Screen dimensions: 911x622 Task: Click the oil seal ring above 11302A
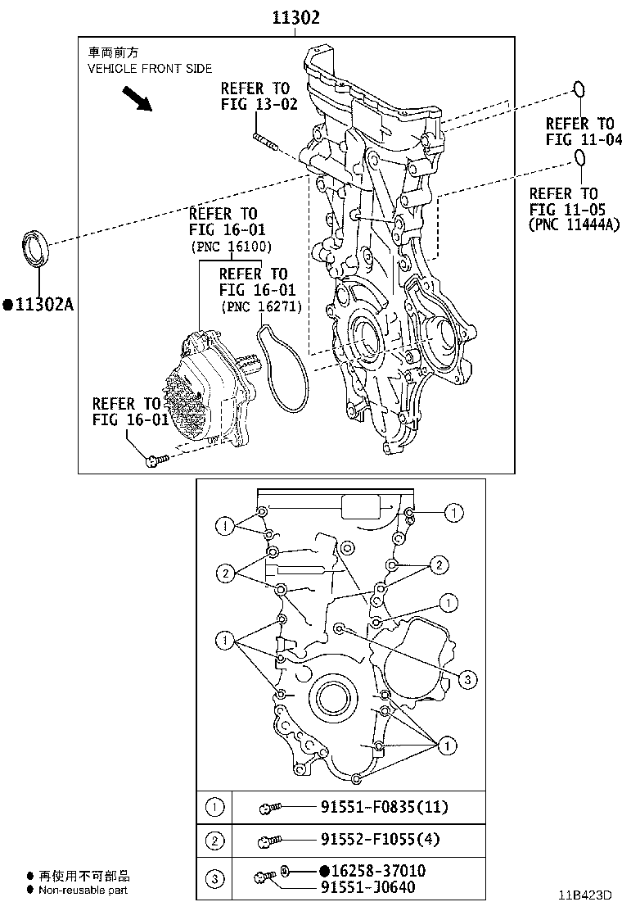[x=35, y=249]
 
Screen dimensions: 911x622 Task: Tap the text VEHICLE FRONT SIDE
[x=150, y=69]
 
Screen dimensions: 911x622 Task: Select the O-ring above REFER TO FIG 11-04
[x=579, y=89]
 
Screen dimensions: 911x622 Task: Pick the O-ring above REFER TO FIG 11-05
[x=579, y=160]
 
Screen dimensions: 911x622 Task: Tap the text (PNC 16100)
[x=231, y=247]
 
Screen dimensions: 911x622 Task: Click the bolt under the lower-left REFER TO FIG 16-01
[x=155, y=460]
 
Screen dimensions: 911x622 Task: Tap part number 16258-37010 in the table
[x=378, y=870]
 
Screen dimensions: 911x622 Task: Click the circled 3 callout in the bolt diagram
[x=466, y=678]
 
